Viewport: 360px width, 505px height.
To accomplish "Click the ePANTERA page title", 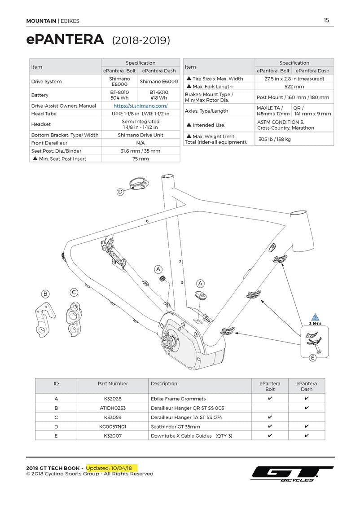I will (x=66, y=40).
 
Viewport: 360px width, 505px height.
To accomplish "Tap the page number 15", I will (x=326, y=20).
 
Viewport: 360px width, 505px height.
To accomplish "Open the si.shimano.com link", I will (x=140, y=106).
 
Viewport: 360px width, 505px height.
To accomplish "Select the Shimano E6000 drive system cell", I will (x=159, y=82).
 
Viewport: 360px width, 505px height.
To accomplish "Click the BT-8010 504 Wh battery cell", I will (x=119, y=95).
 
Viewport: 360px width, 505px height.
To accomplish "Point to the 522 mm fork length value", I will (x=294, y=87).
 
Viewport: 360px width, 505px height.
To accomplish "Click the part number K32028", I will (x=113, y=399).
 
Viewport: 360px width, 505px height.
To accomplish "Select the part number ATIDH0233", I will (x=113, y=408).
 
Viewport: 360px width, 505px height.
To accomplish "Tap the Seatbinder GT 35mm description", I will (x=176, y=426).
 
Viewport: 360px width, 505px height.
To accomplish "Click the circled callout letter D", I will (x=120, y=192).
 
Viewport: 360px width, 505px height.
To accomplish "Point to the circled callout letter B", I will (x=45, y=294).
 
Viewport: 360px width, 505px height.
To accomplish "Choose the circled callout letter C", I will (x=74, y=293).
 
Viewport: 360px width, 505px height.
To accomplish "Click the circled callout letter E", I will (x=313, y=358).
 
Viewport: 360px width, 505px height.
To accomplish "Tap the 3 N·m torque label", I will (x=315, y=324).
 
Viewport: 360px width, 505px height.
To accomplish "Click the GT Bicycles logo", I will (x=292, y=474).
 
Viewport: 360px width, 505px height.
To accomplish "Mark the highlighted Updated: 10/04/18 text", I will (x=112, y=468).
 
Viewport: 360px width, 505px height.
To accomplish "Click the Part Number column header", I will (x=113, y=384).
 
